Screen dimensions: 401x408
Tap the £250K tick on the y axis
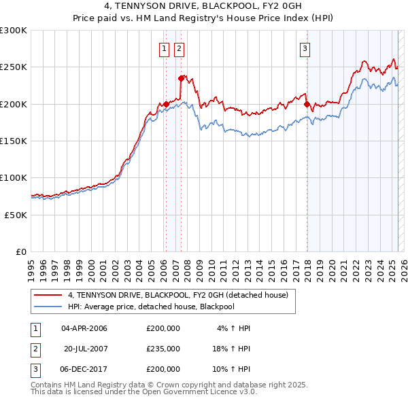tap(14, 67)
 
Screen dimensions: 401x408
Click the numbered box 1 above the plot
tap(165, 48)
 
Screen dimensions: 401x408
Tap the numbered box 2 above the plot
tap(179, 48)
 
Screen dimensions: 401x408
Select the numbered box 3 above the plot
tap(305, 48)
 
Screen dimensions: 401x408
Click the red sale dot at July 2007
tap(182, 78)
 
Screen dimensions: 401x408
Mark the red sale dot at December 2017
tap(307, 104)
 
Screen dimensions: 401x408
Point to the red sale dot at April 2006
tap(166, 104)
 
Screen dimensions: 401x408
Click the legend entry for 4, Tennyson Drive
tap(178, 295)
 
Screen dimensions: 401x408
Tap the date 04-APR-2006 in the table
tap(84, 328)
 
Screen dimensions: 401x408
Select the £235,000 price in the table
tap(163, 349)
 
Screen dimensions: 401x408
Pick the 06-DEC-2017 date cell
tap(84, 369)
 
